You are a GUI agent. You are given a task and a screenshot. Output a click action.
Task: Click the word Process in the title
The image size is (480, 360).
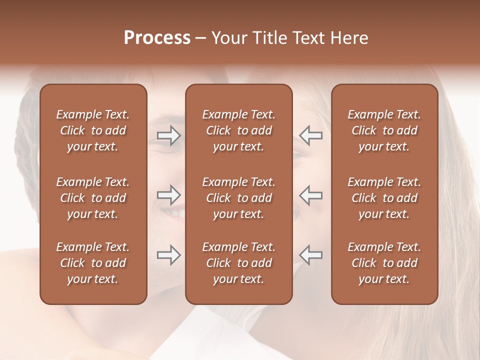pyautogui.click(x=157, y=38)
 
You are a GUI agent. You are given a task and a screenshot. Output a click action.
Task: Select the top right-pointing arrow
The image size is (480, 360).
pyautogui.click(x=169, y=135)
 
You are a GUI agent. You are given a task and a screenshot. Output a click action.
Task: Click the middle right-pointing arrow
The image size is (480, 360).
pyautogui.click(x=169, y=195)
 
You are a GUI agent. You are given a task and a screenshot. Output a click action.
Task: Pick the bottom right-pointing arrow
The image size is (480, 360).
pyautogui.click(x=169, y=255)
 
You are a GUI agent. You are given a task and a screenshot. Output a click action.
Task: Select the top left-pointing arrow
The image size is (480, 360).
pyautogui.click(x=310, y=135)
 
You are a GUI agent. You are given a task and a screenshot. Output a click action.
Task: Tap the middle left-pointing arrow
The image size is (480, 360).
pyautogui.click(x=310, y=195)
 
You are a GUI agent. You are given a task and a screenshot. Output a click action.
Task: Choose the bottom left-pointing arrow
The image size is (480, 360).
pyautogui.click(x=310, y=255)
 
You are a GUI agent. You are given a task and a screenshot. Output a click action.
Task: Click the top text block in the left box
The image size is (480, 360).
pyautogui.click(x=93, y=130)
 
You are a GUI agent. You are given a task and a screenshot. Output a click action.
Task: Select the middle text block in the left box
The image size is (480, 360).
pyautogui.click(x=93, y=198)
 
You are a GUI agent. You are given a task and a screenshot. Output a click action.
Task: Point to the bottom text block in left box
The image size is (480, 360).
pyautogui.click(x=93, y=263)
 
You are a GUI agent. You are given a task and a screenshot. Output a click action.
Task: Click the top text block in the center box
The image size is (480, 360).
pyautogui.click(x=238, y=130)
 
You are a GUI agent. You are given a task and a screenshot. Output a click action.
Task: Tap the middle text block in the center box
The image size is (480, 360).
pyautogui.click(x=238, y=198)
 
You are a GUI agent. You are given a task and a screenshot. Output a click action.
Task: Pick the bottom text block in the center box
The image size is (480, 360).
pyautogui.click(x=238, y=263)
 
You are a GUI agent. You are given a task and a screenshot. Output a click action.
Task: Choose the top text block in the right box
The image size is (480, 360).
pyautogui.click(x=384, y=130)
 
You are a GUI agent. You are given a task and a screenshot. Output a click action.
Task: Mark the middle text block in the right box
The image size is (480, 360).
pyautogui.click(x=384, y=198)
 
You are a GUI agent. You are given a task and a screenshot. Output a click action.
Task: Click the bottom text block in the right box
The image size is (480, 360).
pyautogui.click(x=384, y=263)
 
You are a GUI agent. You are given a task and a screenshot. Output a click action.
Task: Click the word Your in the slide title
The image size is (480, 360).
pyautogui.click(x=230, y=38)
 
